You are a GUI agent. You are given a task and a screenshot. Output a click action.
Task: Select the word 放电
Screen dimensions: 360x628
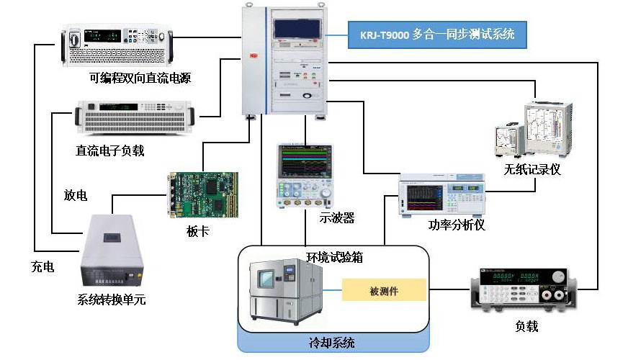(76, 196)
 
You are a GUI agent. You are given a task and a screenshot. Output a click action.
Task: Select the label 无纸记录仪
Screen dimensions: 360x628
(532, 170)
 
